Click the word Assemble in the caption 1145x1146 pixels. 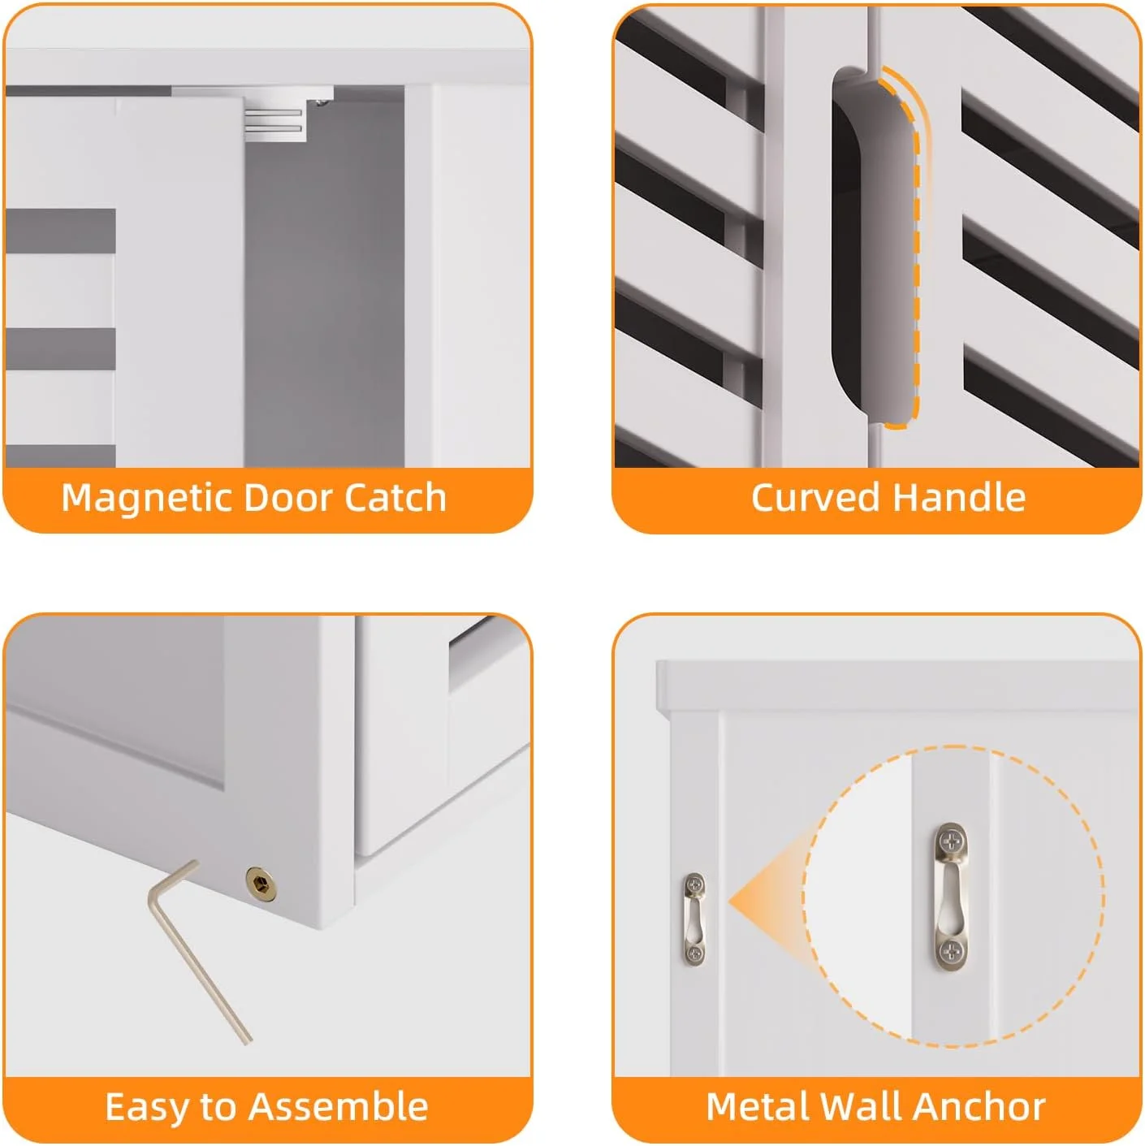pyautogui.click(x=339, y=1106)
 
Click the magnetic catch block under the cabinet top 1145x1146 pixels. pyautogui.click(x=275, y=121)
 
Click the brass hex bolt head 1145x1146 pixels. pyautogui.click(x=261, y=883)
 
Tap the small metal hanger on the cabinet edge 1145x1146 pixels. pyautogui.click(x=694, y=919)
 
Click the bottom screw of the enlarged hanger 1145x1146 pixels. pyautogui.click(x=950, y=950)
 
